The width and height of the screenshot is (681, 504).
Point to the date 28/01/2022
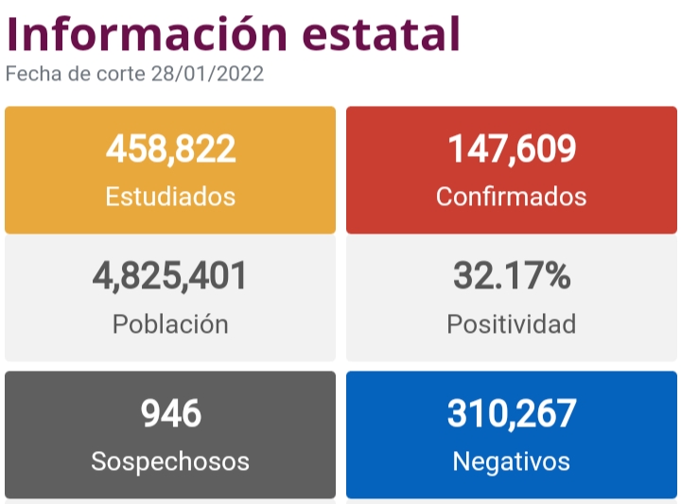(x=207, y=74)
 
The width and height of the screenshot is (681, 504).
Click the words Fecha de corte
(x=76, y=74)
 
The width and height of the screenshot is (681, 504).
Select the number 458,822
(x=170, y=148)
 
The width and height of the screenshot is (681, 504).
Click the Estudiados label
(x=170, y=197)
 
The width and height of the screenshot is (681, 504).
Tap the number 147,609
(x=512, y=148)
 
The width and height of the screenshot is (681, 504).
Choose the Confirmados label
(x=512, y=197)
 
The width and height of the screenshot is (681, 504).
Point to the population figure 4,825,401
(x=170, y=276)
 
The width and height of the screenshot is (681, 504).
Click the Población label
(x=170, y=324)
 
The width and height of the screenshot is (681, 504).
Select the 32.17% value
(x=512, y=276)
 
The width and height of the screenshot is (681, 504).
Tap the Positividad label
(x=512, y=324)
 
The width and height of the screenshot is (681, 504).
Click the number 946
(x=170, y=413)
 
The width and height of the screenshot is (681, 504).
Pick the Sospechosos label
(x=170, y=461)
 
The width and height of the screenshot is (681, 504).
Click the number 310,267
(x=512, y=413)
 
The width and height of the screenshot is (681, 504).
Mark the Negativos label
(x=512, y=461)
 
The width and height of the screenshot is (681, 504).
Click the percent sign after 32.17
(x=557, y=276)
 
